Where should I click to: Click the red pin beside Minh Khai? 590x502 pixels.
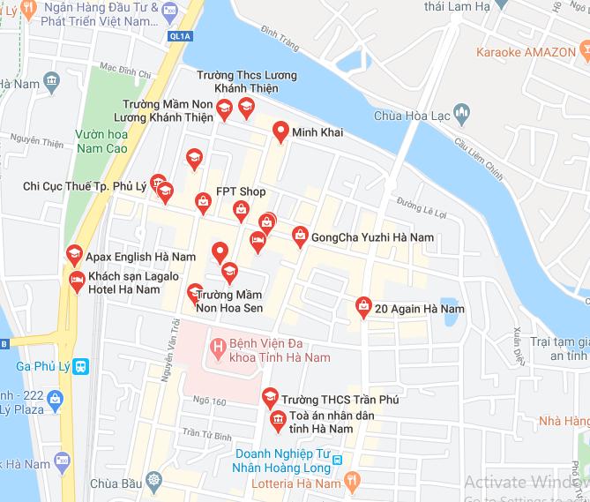coord(280,131)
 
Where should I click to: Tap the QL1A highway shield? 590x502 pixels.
coord(179,36)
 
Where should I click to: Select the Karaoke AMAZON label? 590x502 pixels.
coord(526,51)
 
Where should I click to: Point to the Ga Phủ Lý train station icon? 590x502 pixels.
coord(81,366)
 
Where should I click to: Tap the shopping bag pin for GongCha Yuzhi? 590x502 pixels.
coord(300,236)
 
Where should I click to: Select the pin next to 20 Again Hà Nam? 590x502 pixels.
coord(362,306)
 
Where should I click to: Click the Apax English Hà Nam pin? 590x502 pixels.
coord(74,254)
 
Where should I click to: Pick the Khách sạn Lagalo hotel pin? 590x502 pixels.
coord(77,281)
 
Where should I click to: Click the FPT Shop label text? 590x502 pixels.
coord(241,191)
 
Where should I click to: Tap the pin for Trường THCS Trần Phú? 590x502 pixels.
coord(270,398)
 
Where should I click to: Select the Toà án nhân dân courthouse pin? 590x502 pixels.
coord(277,420)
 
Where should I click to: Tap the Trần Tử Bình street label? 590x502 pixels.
coord(206,433)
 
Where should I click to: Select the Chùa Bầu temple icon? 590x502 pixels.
coord(155,482)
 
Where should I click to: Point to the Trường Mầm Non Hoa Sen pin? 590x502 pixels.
coord(195,292)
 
